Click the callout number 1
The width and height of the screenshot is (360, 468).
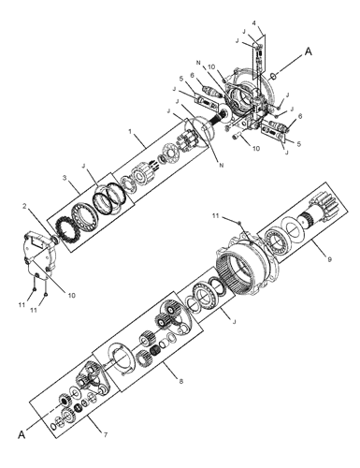[x=130, y=131]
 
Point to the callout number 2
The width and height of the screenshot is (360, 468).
[x=24, y=206]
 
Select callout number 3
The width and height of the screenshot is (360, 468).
[x=65, y=178]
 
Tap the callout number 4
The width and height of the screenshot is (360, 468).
[x=254, y=22]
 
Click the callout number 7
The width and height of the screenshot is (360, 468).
[x=106, y=434]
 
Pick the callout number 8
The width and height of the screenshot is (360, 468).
[x=181, y=381]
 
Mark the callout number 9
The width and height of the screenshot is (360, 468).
[x=329, y=258]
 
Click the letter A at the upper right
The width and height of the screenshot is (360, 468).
[x=308, y=51]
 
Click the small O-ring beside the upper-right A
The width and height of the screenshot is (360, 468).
[x=273, y=76]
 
